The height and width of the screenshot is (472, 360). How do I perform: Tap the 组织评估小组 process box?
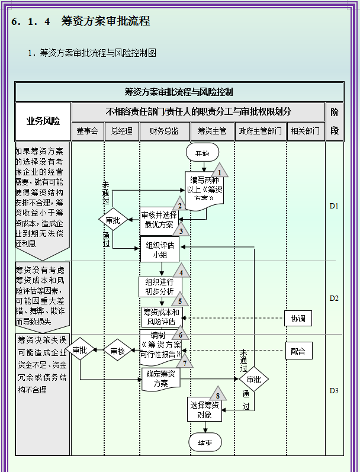click(159, 249)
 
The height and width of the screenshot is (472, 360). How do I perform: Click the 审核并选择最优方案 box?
click(159, 220)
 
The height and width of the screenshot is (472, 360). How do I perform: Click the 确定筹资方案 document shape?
click(160, 378)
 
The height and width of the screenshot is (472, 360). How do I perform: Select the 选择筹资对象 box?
click(205, 409)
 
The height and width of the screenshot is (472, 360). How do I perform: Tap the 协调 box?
click(297, 318)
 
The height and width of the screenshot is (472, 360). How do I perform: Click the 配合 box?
click(297, 351)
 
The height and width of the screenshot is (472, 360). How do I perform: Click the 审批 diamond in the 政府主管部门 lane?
click(253, 380)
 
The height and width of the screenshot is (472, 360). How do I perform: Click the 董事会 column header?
click(88, 131)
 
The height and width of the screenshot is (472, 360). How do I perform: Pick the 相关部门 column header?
click(306, 131)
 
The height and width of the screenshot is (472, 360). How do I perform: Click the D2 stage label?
click(334, 298)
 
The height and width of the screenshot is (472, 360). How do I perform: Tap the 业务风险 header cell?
click(43, 121)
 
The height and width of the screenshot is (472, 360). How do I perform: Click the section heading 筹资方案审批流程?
click(105, 21)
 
